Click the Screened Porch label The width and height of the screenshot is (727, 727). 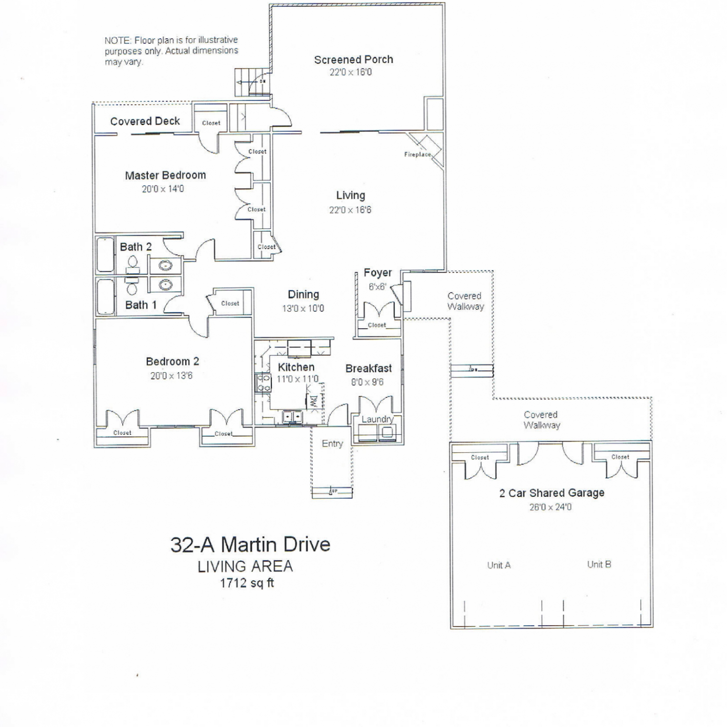coord(353,60)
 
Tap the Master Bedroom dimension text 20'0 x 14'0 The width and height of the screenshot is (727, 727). coord(163,189)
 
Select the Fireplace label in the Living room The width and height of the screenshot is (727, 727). coord(417,155)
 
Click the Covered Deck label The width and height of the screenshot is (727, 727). coord(145,121)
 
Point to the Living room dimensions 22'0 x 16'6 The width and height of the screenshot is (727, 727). coord(350,210)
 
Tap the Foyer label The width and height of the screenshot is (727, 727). coord(378,273)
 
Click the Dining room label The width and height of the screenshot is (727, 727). coord(303,295)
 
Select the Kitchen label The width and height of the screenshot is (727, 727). coord(296,367)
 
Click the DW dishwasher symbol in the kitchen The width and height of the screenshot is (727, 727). coord(313,401)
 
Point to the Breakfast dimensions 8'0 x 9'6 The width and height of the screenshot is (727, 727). coord(367,382)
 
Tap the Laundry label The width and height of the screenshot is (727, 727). coord(378,419)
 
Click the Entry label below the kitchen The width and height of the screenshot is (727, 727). coord(332,443)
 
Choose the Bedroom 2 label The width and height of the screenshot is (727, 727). coord(172,362)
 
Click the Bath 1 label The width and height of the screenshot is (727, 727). coord(141,305)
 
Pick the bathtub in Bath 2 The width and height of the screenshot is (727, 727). coord(105,254)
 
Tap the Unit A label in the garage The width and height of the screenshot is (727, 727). coord(499,565)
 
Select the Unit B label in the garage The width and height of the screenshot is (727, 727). coord(599,564)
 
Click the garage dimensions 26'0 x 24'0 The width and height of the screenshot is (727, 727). coord(550,507)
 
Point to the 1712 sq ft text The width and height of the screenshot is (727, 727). coord(247,583)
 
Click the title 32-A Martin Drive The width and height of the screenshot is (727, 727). coord(250,545)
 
